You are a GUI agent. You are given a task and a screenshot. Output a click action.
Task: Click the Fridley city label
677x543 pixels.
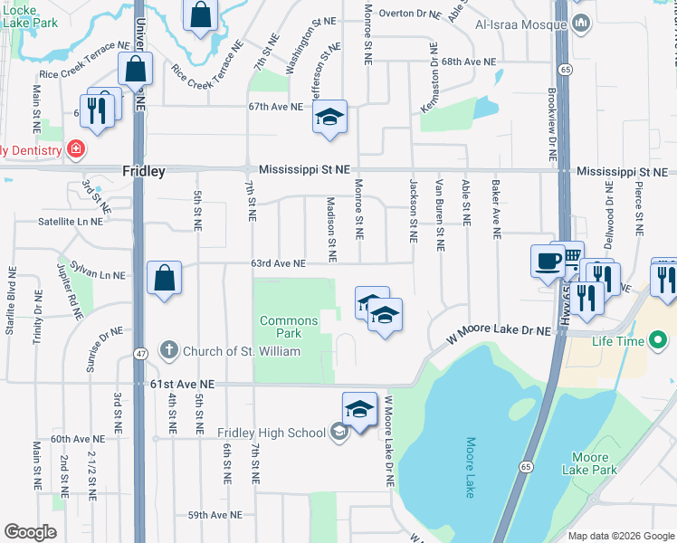pos(143,170)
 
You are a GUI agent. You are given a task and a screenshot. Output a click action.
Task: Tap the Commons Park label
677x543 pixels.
pos(289,328)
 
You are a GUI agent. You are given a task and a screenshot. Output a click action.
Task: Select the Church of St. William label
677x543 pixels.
pos(229,350)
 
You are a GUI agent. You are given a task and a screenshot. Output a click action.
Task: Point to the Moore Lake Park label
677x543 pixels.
pos(589,463)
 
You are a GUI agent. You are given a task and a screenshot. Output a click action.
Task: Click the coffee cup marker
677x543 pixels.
pos(546,261)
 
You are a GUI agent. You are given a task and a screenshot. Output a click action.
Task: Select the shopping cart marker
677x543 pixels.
pos(570,259)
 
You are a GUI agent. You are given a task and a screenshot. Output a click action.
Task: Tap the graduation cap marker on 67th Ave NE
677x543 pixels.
pos(329,116)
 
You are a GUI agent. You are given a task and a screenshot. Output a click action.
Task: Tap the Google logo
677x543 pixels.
pos(30,532)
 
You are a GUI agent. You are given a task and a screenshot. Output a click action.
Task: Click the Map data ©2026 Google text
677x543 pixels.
pos(621,536)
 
